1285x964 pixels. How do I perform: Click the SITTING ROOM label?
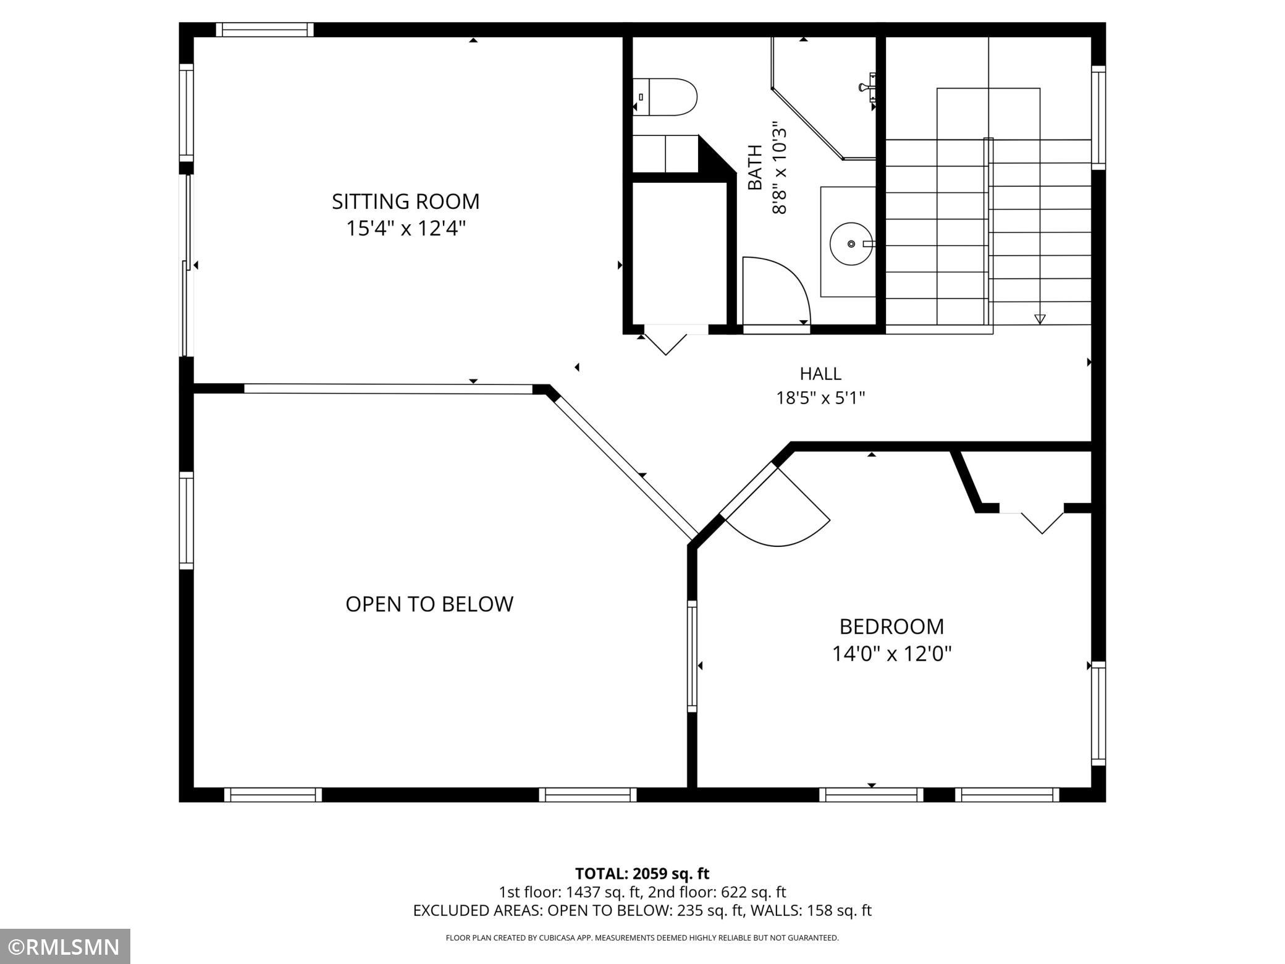coord(405,201)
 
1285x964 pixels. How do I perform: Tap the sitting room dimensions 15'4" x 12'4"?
coord(405,229)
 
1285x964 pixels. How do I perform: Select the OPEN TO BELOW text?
coord(429,604)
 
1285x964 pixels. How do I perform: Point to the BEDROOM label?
coord(891,627)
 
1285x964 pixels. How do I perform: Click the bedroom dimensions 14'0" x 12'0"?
coord(891,654)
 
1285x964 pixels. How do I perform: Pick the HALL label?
coord(820,374)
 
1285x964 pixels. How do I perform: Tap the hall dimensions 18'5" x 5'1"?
coord(820,397)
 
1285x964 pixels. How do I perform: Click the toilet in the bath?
coord(665,97)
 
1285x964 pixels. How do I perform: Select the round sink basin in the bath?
coord(851,244)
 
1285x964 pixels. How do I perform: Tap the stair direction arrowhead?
coord(1040,319)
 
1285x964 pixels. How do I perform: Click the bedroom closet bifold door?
coord(1042,523)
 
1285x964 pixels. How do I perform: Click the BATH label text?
coord(755,167)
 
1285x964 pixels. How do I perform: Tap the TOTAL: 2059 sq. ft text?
coord(642,873)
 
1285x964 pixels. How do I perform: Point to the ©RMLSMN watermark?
coord(65,947)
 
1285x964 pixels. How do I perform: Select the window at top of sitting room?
coord(265,30)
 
